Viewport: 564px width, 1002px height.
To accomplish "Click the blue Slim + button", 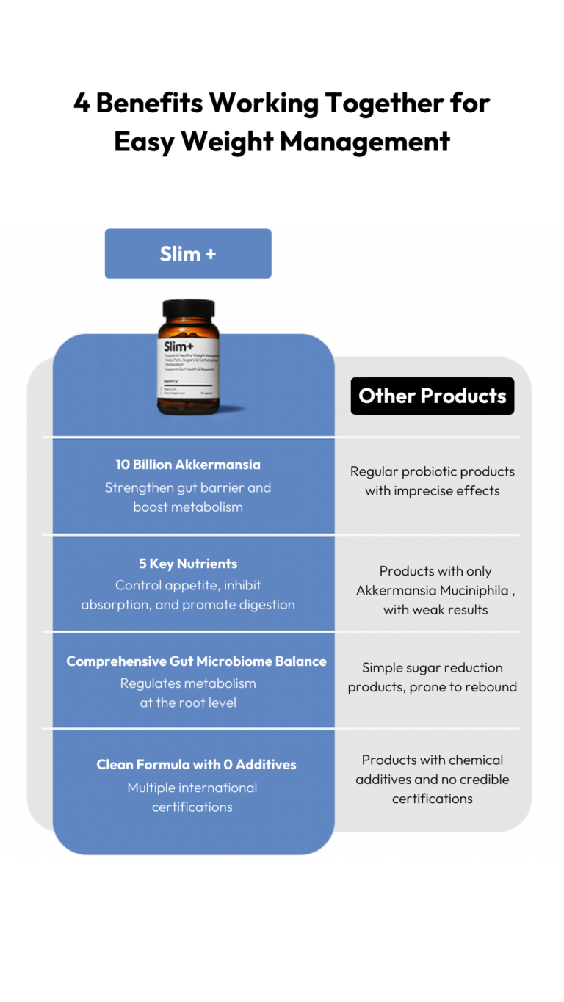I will click(x=188, y=254).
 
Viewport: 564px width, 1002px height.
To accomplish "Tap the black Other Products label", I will click(x=432, y=396).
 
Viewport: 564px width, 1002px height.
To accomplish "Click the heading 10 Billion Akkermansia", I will click(x=188, y=465).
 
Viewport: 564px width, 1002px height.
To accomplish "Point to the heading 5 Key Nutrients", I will click(x=188, y=564).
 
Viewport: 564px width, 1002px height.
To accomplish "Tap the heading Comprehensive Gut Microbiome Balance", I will click(x=196, y=661).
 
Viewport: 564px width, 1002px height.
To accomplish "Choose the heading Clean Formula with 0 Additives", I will click(x=196, y=765).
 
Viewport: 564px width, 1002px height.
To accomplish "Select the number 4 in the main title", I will click(x=82, y=104).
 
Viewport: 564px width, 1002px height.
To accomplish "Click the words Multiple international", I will click(x=192, y=788).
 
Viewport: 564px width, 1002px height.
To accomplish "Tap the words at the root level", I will click(x=188, y=703).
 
